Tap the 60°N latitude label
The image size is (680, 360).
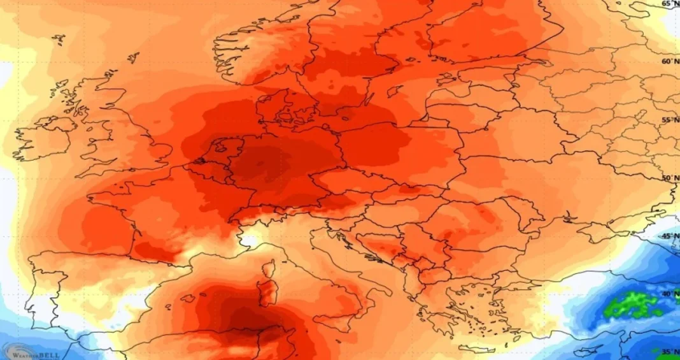pyautogui.click(x=669, y=61)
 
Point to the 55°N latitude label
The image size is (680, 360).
pyautogui.click(x=669, y=120)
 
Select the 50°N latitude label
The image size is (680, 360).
pyautogui.click(x=669, y=178)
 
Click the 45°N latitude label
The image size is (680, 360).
pyautogui.click(x=669, y=236)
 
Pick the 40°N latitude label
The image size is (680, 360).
pyautogui.click(x=669, y=294)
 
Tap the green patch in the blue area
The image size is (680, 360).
pyautogui.click(x=634, y=304)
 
